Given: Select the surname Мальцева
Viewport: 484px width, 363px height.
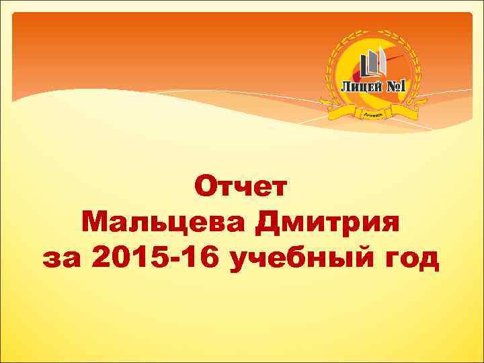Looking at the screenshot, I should tap(165, 221).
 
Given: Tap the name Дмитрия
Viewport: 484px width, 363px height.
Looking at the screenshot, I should tap(327, 221).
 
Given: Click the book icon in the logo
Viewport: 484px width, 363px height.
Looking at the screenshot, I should tap(374, 65).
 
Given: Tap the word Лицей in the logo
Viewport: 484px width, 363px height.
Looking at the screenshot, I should tap(362, 87).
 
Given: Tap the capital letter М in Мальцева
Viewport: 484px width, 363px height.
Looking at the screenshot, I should tap(95, 221).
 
